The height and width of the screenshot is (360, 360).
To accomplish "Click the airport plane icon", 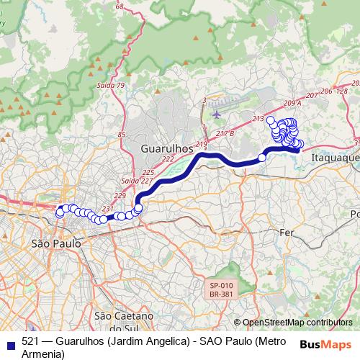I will click(216, 114).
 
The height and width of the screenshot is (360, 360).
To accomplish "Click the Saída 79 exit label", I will click(110, 86).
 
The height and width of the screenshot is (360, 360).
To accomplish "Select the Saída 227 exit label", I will click(131, 181).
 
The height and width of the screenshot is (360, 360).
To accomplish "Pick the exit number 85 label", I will click(121, 135).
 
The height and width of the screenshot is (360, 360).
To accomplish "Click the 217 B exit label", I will click(225, 133).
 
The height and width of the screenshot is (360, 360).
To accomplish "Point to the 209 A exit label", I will click(292, 103).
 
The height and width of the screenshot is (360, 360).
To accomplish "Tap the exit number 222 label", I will click(168, 159).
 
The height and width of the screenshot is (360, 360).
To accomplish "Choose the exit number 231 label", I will click(108, 209).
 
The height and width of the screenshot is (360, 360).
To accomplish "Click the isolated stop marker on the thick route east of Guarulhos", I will click(262, 157).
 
